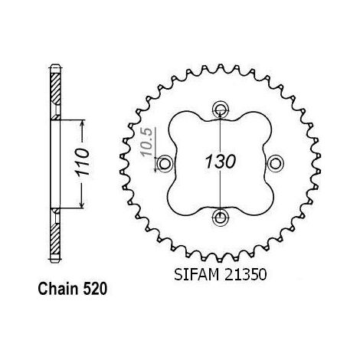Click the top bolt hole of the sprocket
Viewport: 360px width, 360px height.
pyautogui.click(x=220, y=110)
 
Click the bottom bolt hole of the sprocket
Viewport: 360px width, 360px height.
pyautogui.click(x=220, y=218)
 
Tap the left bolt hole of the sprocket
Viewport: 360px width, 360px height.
pyautogui.click(x=165, y=163)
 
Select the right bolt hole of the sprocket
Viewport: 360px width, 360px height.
pyautogui.click(x=276, y=163)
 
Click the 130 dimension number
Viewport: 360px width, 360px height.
pyautogui.click(x=221, y=162)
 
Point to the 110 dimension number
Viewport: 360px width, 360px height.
pyautogui.click(x=83, y=162)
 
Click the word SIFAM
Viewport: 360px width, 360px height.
pyautogui.click(x=196, y=275)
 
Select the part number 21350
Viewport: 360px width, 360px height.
pyautogui.click(x=245, y=275)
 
